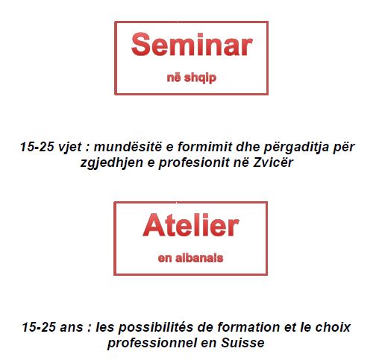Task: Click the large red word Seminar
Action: [192, 45]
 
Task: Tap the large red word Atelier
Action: [191, 225]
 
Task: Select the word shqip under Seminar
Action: [200, 78]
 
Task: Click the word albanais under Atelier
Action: [199, 258]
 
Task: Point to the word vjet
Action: [69, 147]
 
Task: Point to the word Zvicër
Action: [273, 162]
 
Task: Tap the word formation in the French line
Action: [248, 327]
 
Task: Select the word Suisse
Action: [242, 343]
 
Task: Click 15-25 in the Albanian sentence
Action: [37, 147]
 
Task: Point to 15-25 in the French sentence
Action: [39, 327]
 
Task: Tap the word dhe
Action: [248, 147]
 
